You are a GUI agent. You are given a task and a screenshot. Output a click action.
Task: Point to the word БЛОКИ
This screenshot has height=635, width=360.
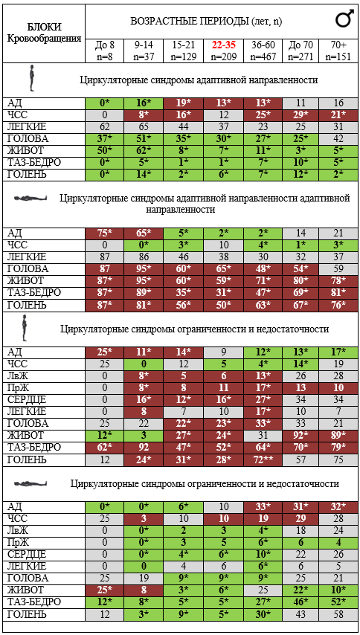click(x=45, y=28)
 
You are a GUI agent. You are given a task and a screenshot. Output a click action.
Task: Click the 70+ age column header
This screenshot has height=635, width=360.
click(x=338, y=45)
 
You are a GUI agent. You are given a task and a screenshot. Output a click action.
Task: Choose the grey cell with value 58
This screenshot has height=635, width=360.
click(x=338, y=614)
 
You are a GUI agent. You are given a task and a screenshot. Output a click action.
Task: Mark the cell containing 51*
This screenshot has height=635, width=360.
click(x=144, y=139)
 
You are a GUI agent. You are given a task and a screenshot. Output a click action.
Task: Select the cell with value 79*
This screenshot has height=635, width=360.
click(x=338, y=448)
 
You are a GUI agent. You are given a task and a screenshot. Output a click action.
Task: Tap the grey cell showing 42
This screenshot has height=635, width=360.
click(x=338, y=139)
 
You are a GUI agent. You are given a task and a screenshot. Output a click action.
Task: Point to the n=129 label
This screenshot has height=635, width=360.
click(x=183, y=57)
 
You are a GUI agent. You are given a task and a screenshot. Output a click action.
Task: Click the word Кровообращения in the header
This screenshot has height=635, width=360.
click(x=45, y=38)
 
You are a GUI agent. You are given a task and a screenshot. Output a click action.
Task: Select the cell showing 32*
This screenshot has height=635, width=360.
click(x=338, y=506)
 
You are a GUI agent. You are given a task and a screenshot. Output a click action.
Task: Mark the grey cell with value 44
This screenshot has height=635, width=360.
click(x=183, y=126)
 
